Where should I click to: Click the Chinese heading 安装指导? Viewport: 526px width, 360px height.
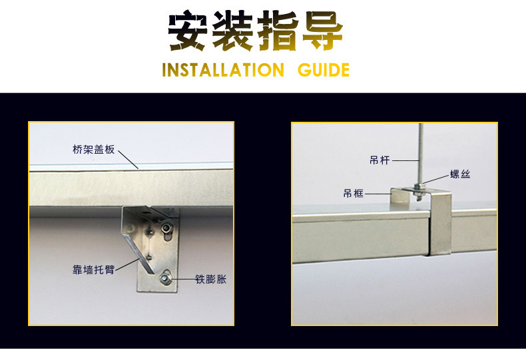pyautogui.click(x=255, y=31)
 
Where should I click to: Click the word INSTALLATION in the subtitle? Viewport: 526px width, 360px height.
pyautogui.click(x=223, y=70)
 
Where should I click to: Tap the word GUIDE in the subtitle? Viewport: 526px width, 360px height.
pyautogui.click(x=324, y=70)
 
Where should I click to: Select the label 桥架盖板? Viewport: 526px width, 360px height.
pyautogui.click(x=94, y=150)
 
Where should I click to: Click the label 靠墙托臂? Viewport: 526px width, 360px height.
pyautogui.click(x=94, y=270)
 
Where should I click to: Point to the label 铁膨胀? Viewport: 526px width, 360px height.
pyautogui.click(x=211, y=279)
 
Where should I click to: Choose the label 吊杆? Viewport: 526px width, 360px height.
pyautogui.click(x=380, y=160)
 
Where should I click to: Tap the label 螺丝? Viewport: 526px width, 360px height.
pyautogui.click(x=460, y=174)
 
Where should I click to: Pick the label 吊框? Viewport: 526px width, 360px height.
pyautogui.click(x=354, y=194)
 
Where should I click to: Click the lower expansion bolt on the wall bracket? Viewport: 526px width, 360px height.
pyautogui.click(x=164, y=278)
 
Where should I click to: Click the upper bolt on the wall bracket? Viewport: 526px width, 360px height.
pyautogui.click(x=166, y=229)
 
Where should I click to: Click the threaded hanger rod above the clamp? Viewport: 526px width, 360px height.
pyautogui.click(x=421, y=154)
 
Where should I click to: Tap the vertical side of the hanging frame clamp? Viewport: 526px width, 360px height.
pyautogui.click(x=440, y=224)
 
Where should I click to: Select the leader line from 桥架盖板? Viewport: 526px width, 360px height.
pyautogui.click(x=128, y=160)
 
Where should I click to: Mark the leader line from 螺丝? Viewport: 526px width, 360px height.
pyautogui.click(x=436, y=179)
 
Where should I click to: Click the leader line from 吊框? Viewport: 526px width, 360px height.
pyautogui.click(x=378, y=194)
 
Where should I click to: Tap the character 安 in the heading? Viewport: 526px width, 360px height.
pyautogui.click(x=188, y=31)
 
